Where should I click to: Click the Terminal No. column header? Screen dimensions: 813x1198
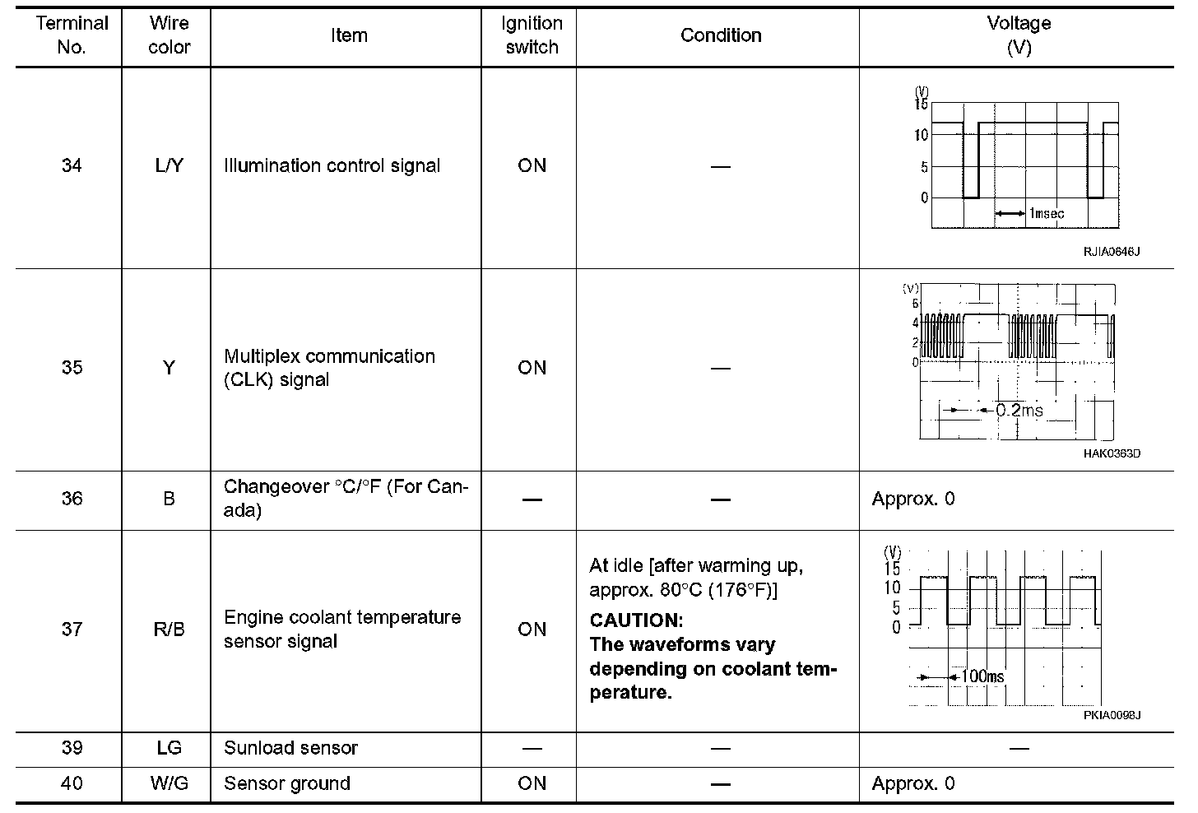pos(72,35)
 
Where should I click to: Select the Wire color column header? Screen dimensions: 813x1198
pos(169,35)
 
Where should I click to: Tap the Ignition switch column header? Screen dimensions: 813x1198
pos(532,35)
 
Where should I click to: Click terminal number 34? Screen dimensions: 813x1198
pos(72,165)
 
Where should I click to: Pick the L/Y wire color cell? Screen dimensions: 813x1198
pos(169,165)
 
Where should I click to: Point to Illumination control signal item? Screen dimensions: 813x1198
pos(332,165)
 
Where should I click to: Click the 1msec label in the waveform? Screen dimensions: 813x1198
pos(1046,214)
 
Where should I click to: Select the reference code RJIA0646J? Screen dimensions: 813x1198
pos(1111,252)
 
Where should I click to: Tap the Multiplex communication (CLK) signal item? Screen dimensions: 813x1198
pos(329,368)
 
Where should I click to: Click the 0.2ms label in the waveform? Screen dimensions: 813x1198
pos(1019,409)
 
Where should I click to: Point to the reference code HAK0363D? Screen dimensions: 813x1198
pos(1112,453)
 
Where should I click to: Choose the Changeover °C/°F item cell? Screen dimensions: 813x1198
pos(346,499)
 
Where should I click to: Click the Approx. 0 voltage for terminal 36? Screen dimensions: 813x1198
pos(913,499)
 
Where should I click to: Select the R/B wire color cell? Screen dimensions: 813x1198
pos(169,629)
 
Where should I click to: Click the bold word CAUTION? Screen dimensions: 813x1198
pos(636,620)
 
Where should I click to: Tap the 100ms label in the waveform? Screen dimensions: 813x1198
pos(982,676)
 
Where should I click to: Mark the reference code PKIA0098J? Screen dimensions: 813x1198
pos(1112,715)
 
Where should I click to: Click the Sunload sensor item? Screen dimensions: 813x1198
pos(290,748)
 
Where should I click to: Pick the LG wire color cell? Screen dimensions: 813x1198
pos(169,748)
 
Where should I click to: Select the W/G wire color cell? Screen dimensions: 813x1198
pos(169,783)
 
